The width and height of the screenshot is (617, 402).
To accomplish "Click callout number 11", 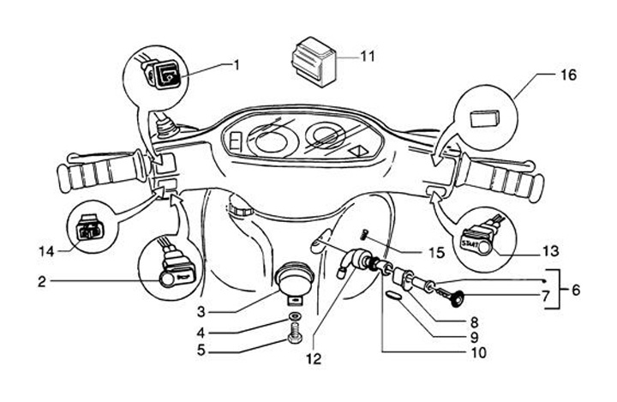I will [368, 57].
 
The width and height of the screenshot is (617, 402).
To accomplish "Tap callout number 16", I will [567, 76].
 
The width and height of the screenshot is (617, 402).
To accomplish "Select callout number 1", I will [237, 64].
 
